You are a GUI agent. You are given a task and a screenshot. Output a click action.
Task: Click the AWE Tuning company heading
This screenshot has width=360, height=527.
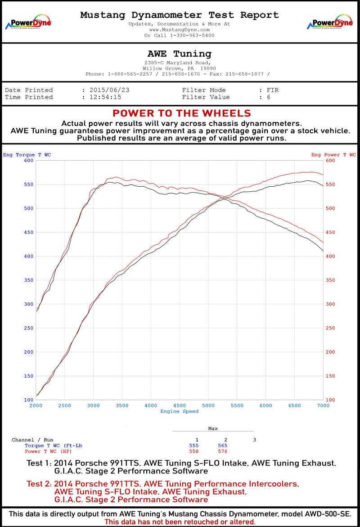(x=180, y=54)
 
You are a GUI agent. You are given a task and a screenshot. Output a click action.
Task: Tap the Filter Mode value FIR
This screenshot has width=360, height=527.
(x=272, y=90)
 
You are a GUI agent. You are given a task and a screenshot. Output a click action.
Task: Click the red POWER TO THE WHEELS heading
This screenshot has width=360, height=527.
(x=182, y=113)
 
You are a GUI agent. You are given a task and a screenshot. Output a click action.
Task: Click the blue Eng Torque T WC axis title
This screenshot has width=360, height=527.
(x=27, y=155)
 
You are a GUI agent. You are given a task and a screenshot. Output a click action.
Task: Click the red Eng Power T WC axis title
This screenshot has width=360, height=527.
(x=333, y=155)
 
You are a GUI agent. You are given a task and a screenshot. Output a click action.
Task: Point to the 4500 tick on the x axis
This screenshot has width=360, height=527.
(x=180, y=405)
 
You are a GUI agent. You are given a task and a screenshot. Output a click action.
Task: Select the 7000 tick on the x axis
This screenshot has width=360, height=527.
(x=323, y=405)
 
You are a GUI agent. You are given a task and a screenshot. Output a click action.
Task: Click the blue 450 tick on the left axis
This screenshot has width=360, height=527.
(x=28, y=232)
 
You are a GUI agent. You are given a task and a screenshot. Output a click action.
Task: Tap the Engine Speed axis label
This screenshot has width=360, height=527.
(x=179, y=411)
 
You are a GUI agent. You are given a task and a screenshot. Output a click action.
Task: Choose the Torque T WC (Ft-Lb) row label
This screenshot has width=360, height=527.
(x=53, y=446)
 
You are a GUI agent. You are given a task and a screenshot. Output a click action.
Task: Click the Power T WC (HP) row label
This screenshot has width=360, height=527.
(x=48, y=451)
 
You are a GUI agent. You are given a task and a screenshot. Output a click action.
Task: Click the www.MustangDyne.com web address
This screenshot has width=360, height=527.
(x=180, y=29)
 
